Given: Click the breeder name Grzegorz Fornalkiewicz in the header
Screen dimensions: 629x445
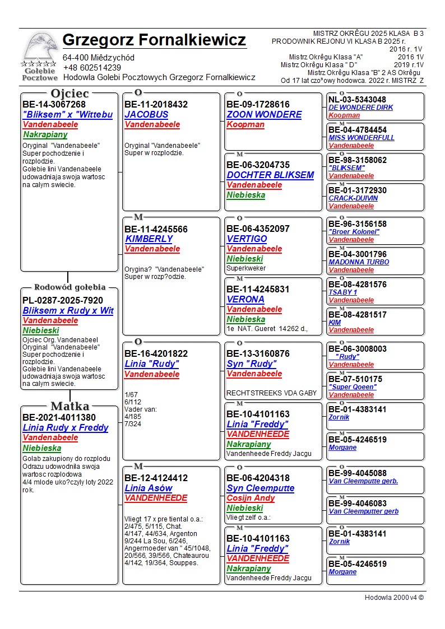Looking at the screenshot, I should tap(154, 40).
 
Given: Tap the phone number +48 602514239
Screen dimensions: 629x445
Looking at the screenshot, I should tap(92, 68).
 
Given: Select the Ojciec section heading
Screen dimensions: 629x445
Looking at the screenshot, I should tap(69, 93).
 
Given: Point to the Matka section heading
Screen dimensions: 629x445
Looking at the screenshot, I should tap(69, 406).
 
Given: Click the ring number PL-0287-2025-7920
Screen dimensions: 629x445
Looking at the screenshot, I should tap(63, 300).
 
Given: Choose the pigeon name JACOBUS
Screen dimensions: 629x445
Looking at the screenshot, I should tap(146, 115).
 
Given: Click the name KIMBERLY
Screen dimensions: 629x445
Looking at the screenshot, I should tap(149, 239).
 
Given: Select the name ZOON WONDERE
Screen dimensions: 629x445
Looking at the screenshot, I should tap(264, 115).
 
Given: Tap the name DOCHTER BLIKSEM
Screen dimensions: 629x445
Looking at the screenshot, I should tap(270, 175).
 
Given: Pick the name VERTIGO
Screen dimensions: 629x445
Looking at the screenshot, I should tap(247, 239).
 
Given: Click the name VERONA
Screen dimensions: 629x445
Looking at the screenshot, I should tap(245, 299).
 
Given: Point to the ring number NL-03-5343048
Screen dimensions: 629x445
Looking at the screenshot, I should tap(357, 100).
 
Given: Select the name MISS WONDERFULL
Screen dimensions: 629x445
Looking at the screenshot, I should tap(361, 138).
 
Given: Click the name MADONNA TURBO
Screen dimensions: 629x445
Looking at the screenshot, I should tap(359, 262).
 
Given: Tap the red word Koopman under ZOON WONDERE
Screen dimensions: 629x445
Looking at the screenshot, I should tap(245, 125).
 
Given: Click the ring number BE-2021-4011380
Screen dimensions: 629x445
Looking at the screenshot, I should tap(59, 417).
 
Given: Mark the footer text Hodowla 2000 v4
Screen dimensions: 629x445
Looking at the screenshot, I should tap(394, 597).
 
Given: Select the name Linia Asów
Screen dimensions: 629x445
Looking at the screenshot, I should tap(149, 488).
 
